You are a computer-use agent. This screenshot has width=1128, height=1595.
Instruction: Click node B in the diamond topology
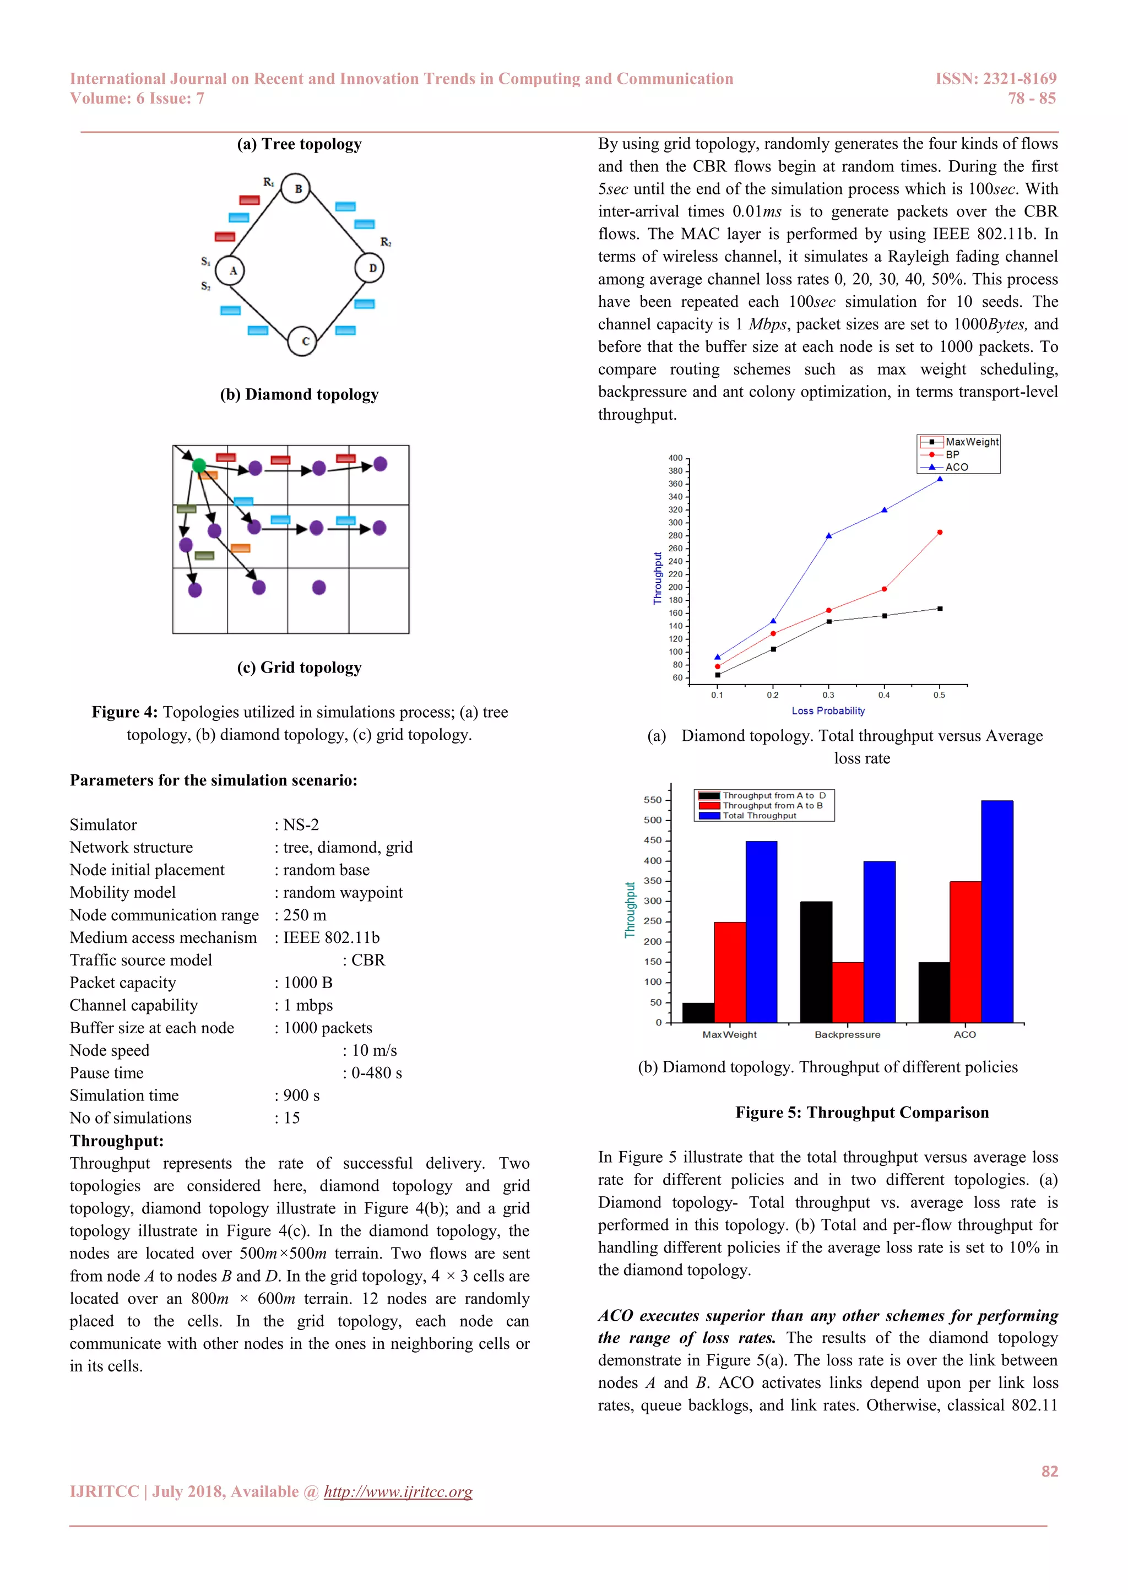click(296, 188)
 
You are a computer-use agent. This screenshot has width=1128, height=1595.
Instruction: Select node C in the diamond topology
click(302, 341)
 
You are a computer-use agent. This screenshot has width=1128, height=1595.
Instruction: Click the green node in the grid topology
click(199, 465)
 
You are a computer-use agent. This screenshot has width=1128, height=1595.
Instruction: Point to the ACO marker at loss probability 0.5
click(940, 479)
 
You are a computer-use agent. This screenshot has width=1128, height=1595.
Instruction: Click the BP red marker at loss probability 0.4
click(884, 589)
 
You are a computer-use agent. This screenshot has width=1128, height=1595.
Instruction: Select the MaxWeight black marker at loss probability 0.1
click(718, 675)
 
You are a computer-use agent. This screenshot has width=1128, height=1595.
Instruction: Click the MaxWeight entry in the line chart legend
click(971, 442)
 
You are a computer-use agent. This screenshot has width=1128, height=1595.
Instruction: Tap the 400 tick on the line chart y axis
click(675, 458)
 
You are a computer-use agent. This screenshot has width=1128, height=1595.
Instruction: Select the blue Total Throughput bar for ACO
click(997, 912)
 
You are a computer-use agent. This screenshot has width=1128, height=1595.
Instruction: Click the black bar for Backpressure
click(816, 962)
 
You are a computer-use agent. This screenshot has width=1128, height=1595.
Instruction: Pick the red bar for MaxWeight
click(729, 972)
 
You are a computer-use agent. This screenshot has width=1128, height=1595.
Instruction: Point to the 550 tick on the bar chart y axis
click(652, 800)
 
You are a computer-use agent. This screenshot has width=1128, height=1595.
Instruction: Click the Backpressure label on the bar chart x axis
click(848, 1034)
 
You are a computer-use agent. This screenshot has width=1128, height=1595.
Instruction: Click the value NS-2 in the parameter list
click(301, 824)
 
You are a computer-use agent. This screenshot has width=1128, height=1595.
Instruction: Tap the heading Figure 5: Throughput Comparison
click(862, 1112)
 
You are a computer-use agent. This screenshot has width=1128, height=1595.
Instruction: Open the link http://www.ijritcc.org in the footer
click(398, 1491)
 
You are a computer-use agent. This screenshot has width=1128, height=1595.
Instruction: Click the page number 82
click(1049, 1471)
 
